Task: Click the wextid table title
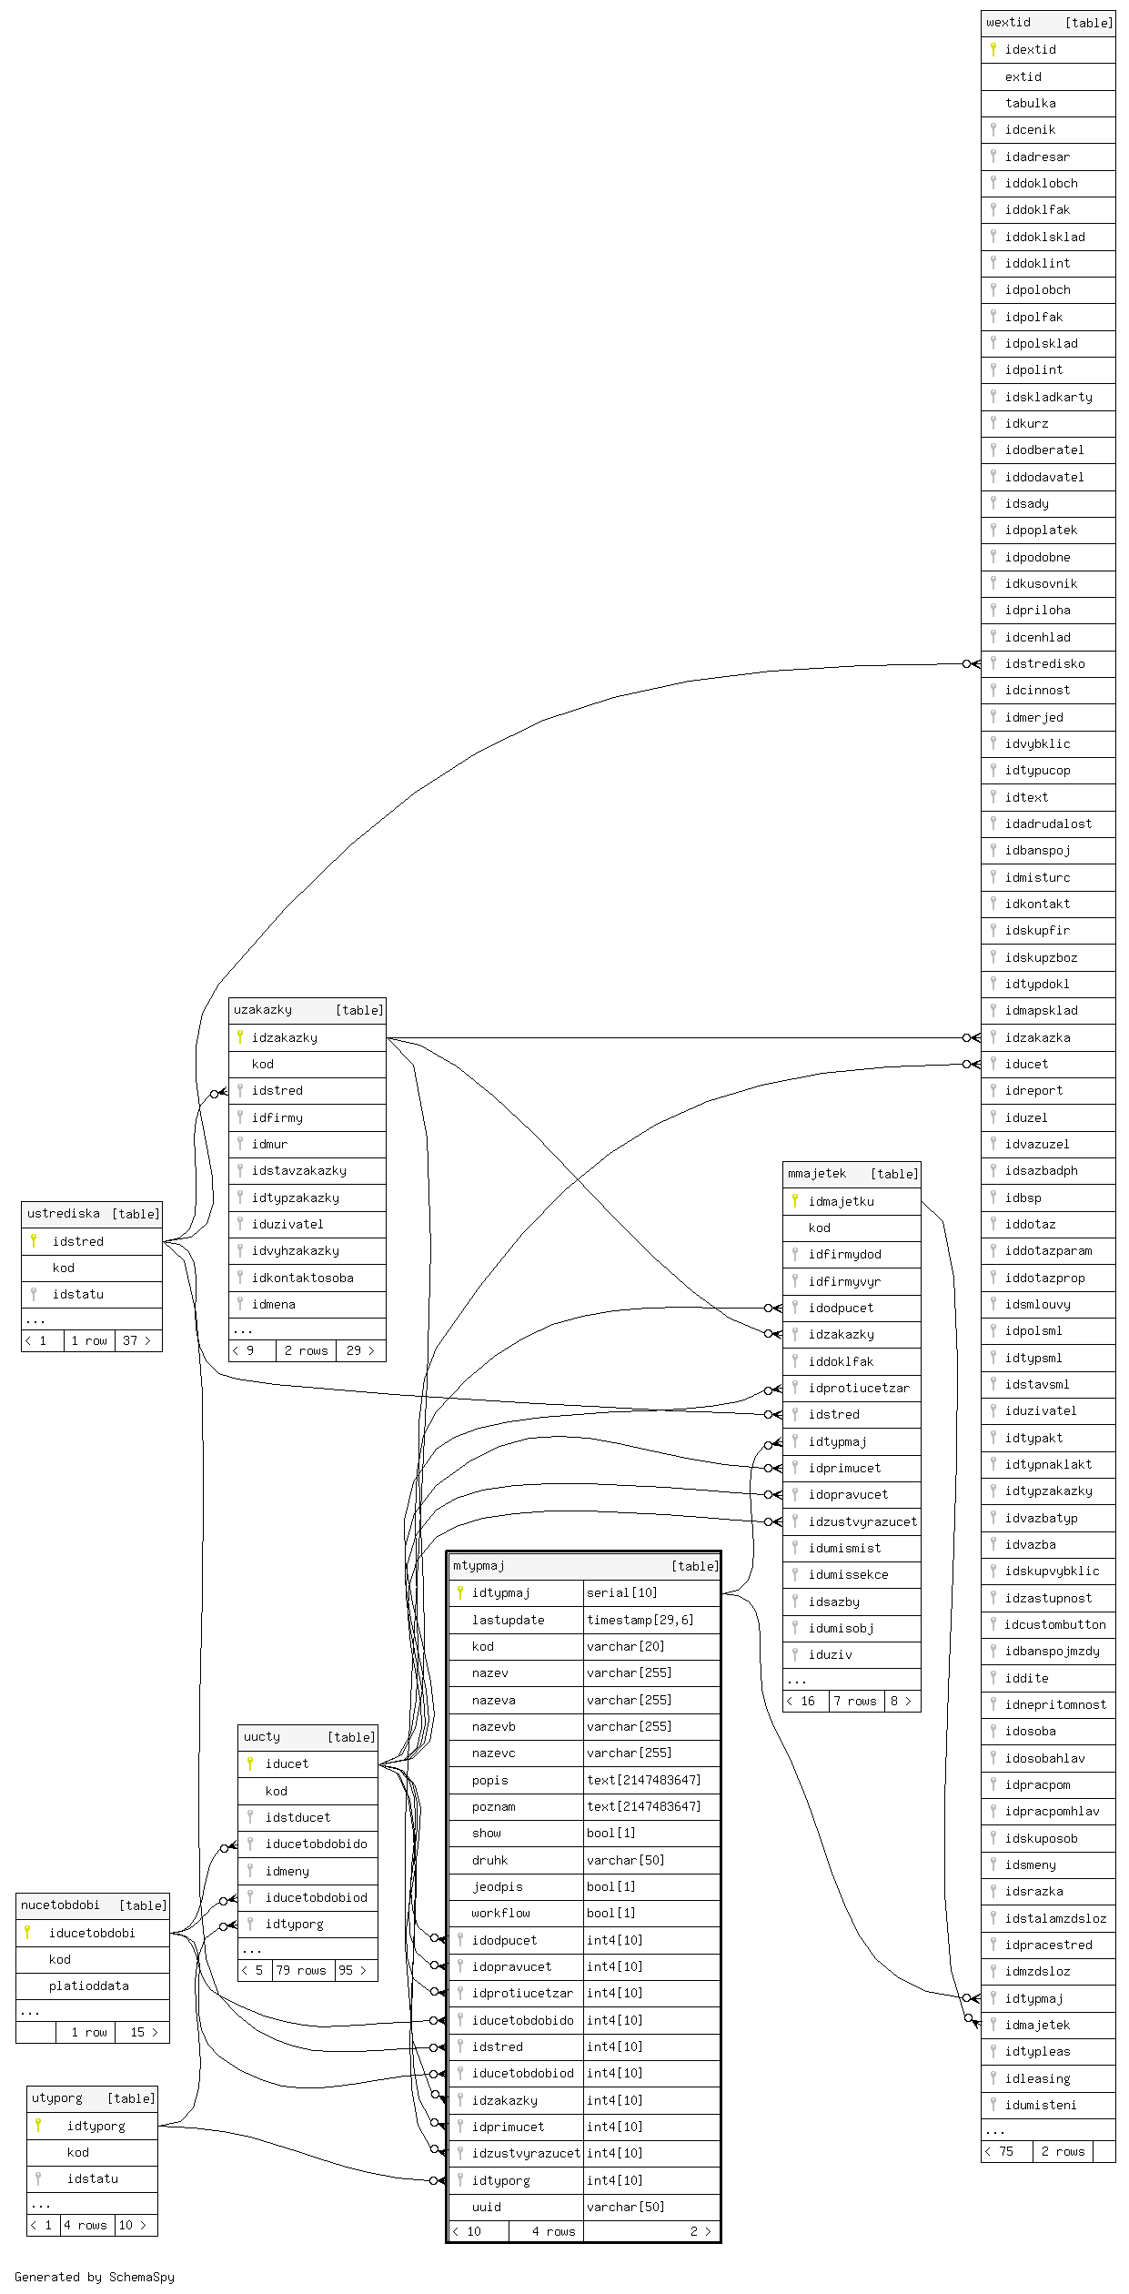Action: (x=1009, y=23)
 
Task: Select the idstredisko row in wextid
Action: (x=1044, y=663)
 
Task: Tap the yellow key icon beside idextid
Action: (x=993, y=49)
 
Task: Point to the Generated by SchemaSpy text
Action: (x=95, y=2277)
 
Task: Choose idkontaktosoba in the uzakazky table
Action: (x=302, y=1278)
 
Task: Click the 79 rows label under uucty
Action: (x=300, y=1970)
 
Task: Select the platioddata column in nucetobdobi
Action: (x=88, y=1986)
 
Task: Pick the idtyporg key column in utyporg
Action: (x=96, y=2126)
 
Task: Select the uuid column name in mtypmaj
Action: (x=486, y=2207)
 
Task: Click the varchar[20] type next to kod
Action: (x=625, y=1646)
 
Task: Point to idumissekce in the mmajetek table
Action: (x=848, y=1574)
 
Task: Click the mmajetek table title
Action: (x=817, y=1174)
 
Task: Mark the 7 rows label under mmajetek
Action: (x=855, y=1701)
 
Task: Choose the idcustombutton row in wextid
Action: (x=1055, y=1624)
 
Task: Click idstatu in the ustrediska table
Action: (x=77, y=1294)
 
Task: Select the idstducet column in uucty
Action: (x=297, y=1817)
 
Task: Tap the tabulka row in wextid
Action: (x=1030, y=103)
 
